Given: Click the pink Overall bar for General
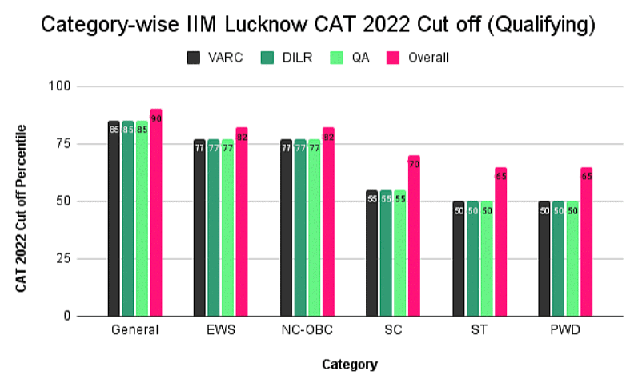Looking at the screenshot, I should pos(156,213).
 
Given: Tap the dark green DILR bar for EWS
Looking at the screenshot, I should pos(213,228).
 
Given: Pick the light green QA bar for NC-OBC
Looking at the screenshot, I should pos(314,228).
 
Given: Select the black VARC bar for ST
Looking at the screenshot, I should pos(459,259).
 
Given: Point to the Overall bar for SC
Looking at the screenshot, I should pos(414,236).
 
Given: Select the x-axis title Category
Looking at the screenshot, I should pos(350,364).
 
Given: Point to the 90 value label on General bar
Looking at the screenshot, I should pos(157,118).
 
